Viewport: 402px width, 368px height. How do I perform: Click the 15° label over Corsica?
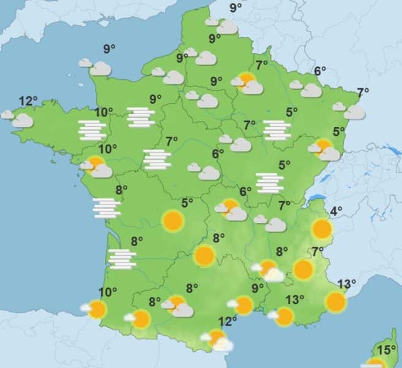[x=386, y=351]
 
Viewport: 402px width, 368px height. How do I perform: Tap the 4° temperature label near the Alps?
[x=336, y=212]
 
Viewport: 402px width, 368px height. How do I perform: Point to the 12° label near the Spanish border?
[x=228, y=320]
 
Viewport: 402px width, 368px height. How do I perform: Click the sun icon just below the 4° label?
[x=322, y=229]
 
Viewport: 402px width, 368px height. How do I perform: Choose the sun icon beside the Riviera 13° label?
[x=336, y=302]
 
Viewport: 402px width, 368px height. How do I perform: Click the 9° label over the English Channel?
[x=110, y=50]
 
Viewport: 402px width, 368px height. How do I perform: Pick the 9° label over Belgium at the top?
[x=235, y=8]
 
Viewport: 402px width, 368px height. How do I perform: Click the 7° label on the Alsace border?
[x=363, y=93]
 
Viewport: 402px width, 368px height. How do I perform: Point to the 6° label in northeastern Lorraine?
[x=320, y=71]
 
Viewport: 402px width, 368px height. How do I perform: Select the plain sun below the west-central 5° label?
[x=173, y=221]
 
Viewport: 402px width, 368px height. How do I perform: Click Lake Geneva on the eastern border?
[x=316, y=198]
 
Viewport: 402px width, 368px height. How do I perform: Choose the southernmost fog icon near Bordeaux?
[x=122, y=259]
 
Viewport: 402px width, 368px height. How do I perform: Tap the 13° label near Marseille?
[x=294, y=300]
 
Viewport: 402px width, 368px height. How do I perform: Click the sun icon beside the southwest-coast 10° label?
[x=97, y=309]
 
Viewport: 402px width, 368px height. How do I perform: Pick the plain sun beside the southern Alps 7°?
[x=303, y=269]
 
